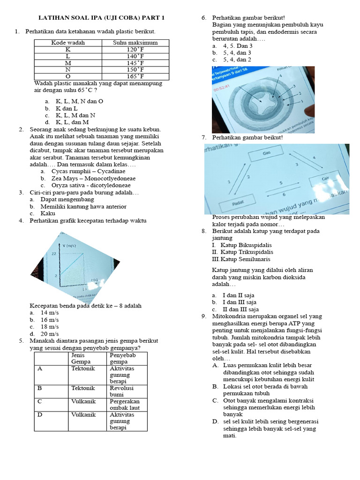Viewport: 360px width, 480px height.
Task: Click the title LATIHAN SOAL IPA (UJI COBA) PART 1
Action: (101, 18)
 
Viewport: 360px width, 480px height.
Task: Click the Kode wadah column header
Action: (68, 43)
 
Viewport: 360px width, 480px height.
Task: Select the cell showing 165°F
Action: (135, 76)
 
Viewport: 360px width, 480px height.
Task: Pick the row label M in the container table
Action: (68, 62)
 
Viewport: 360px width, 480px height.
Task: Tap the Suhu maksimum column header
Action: (135, 43)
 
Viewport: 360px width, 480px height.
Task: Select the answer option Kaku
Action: (48, 213)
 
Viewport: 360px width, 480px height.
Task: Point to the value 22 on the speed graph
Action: (54, 254)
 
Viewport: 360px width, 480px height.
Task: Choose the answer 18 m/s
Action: (49, 326)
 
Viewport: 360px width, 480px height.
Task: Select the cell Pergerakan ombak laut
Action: (124, 405)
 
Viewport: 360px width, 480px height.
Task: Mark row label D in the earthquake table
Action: (40, 415)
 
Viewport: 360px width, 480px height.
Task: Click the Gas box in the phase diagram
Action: (267, 154)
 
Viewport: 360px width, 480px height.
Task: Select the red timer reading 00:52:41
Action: (222, 88)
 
